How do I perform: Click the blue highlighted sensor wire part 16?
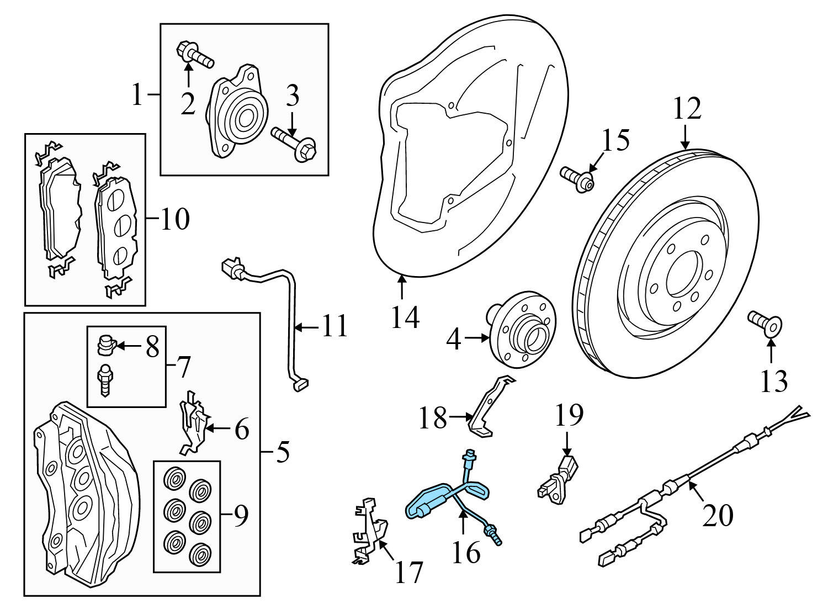[428, 500]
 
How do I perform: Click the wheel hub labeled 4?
[522, 331]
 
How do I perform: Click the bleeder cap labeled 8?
[105, 345]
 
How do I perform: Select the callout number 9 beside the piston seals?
[241, 515]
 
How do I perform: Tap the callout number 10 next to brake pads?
[174, 219]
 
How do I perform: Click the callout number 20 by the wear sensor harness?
[718, 515]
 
